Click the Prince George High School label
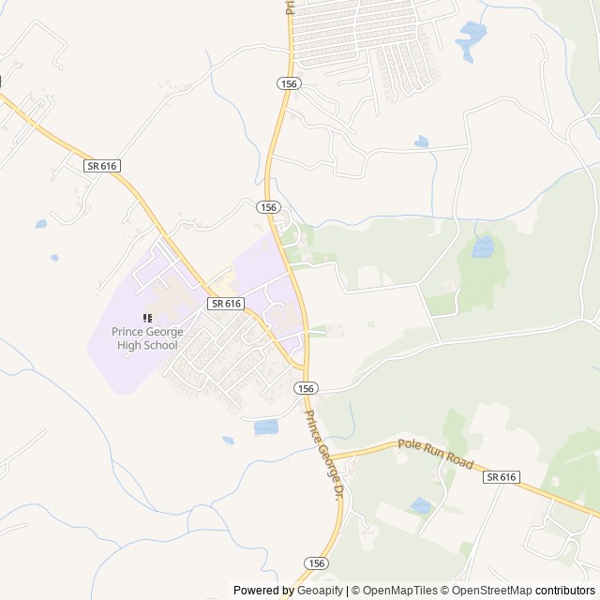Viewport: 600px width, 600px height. point(146,337)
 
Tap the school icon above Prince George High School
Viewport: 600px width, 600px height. point(147,319)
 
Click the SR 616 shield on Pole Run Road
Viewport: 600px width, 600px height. point(502,477)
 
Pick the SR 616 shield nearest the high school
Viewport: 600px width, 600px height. point(226,304)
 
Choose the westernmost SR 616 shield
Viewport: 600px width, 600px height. point(101,166)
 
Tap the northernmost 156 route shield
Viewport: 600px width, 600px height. point(288,84)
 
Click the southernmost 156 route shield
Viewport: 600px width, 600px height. point(317,562)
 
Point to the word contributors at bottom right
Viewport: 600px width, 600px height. point(566,591)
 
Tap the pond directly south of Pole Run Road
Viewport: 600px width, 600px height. point(422,506)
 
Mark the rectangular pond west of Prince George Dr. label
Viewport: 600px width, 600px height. point(266,427)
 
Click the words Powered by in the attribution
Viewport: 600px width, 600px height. point(262,591)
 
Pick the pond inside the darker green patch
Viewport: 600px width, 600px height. point(482,247)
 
